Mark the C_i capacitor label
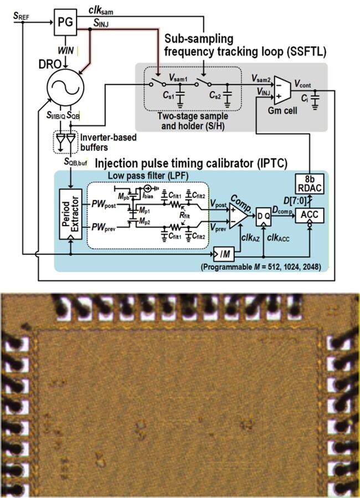(x=305, y=101)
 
